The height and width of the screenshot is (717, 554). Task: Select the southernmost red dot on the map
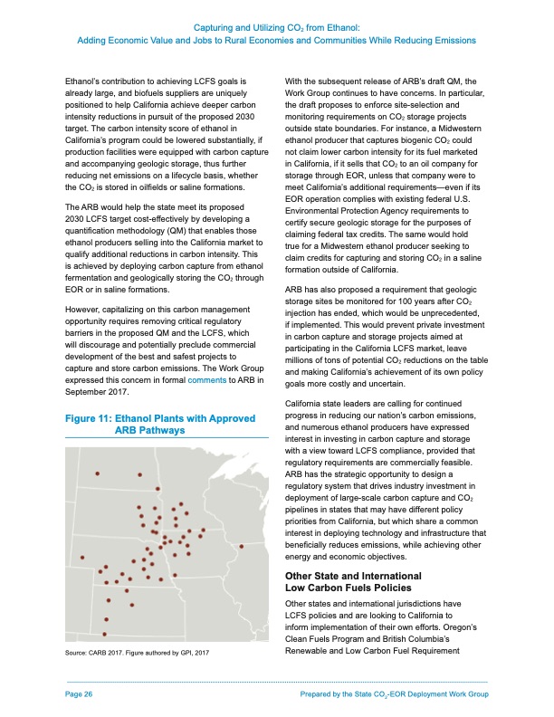click(105, 633)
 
